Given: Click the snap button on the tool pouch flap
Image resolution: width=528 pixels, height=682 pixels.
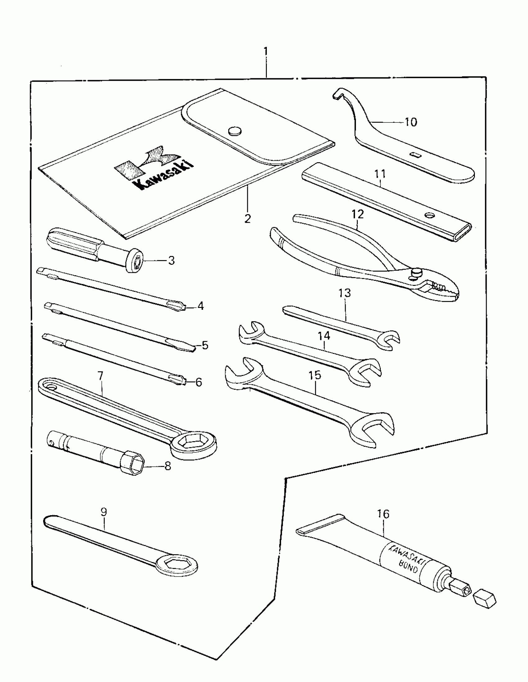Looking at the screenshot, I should pos(235,131).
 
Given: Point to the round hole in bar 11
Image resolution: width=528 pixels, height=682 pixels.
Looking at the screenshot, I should pos(430,215).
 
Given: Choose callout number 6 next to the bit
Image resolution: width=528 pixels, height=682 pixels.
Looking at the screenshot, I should pos(198,382).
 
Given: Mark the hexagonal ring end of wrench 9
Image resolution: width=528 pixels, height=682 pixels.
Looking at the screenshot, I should pos(176,564).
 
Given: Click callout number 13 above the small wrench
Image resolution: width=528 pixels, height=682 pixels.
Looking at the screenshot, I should pos(344,293).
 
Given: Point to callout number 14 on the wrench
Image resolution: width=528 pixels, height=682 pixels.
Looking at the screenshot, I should pos(324,336).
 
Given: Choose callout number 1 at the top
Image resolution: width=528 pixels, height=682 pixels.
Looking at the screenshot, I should pos(266,51).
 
